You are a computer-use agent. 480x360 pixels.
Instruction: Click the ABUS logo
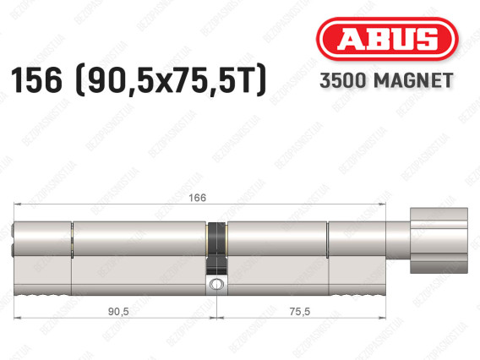387,39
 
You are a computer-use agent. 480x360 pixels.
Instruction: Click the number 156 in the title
36,80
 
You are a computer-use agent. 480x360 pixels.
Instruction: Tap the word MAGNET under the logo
413,80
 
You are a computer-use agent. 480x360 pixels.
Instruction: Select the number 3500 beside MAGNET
343,80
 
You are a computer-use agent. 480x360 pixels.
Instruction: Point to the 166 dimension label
197,198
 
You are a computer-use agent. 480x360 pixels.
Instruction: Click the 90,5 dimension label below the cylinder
118,312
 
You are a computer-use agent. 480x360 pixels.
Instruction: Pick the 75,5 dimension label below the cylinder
300,312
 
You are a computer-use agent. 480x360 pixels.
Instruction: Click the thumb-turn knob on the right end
439,241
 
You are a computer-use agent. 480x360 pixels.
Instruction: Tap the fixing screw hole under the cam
216,284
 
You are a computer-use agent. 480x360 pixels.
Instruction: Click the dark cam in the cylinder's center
216,248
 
